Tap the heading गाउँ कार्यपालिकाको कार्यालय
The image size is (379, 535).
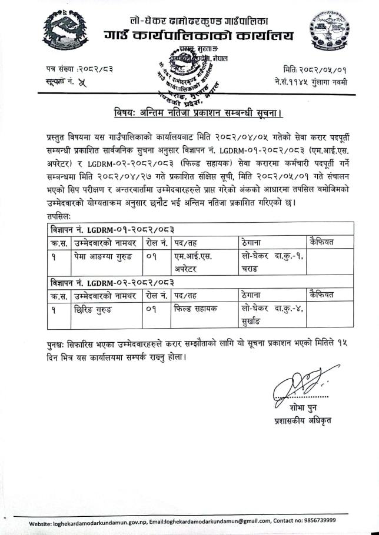point(199,37)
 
